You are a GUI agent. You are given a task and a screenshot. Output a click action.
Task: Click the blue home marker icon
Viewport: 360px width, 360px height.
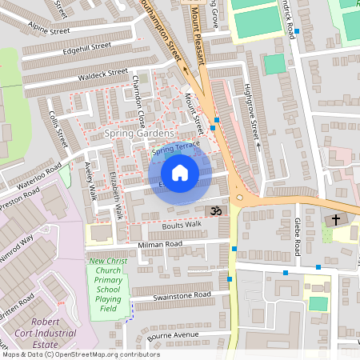point(180,172)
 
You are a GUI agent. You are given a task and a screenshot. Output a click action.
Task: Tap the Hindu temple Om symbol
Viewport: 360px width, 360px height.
point(214,210)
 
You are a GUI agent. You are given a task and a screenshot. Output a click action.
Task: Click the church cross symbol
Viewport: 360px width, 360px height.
point(335,219)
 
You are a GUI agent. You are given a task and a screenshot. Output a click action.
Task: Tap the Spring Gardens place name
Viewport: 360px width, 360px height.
point(138,133)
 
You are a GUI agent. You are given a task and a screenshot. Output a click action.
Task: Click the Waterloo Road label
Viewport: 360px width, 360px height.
point(39,176)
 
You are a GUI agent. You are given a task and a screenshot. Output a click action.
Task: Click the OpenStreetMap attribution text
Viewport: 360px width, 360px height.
point(80,354)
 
